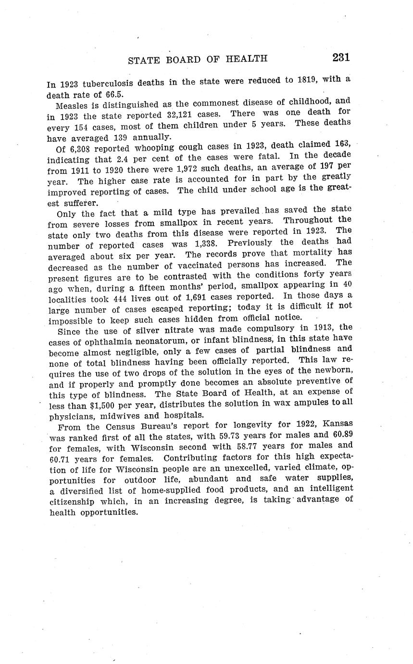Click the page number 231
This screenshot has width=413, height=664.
[x=340, y=57]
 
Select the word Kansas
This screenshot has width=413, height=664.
[x=338, y=424]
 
